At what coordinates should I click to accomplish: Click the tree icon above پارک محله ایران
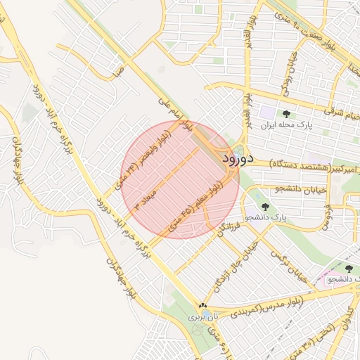(285, 115)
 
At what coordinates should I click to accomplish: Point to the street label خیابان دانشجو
(282, 188)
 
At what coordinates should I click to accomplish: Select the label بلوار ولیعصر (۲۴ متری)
(144, 157)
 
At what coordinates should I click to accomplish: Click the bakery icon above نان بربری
(202, 306)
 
